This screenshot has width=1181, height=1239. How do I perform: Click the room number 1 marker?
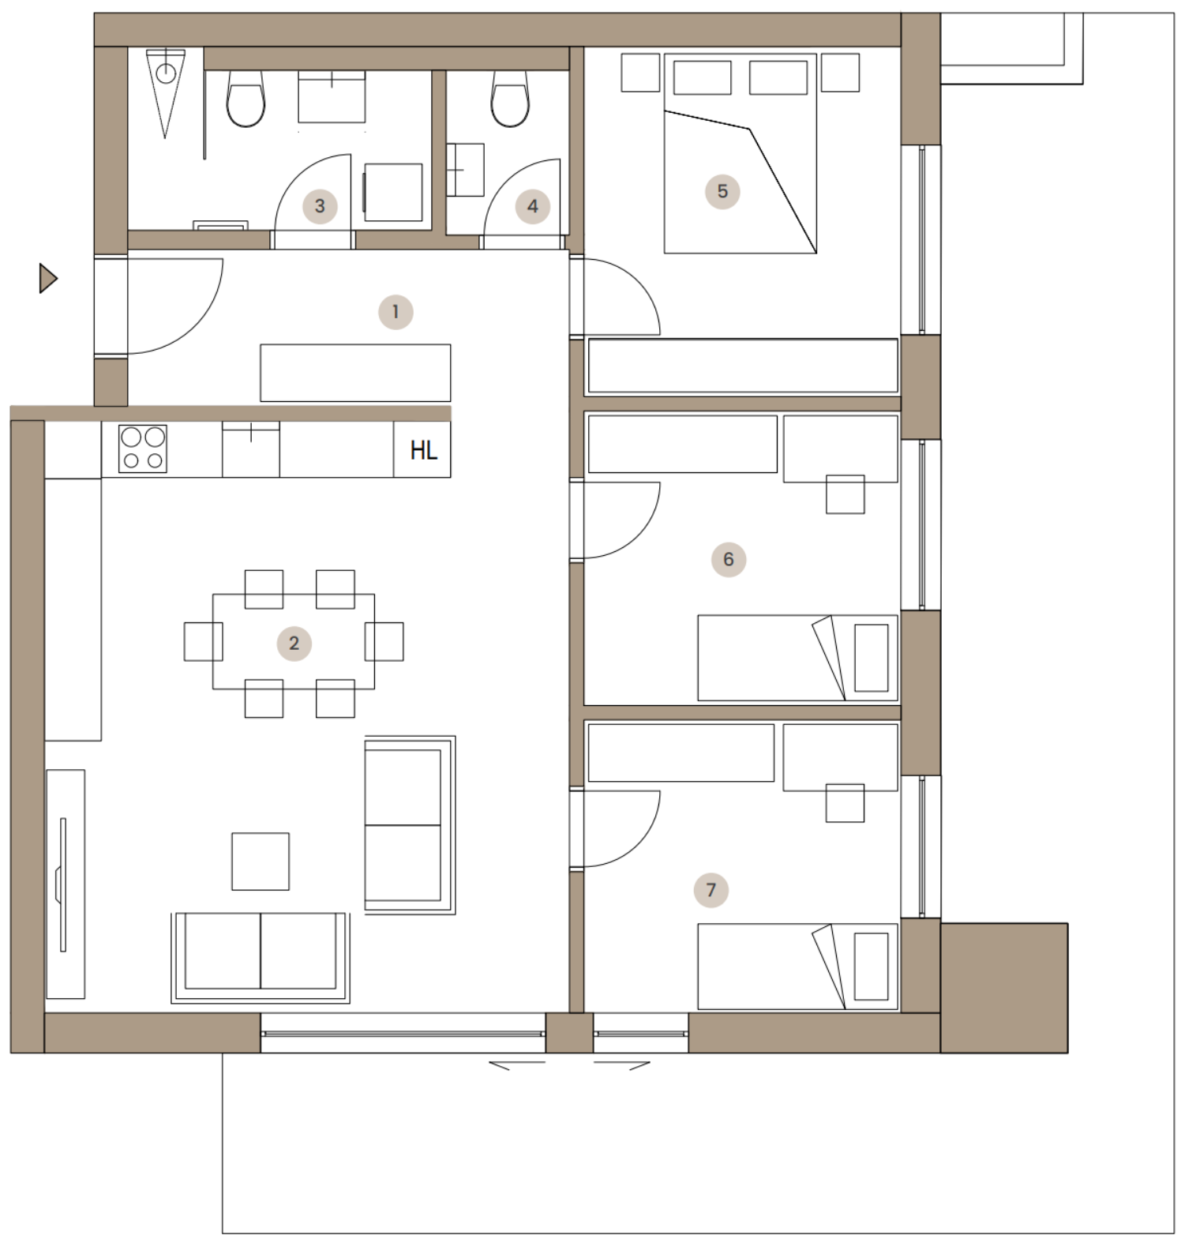click(396, 312)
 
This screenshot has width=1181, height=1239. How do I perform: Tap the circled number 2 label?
click(294, 643)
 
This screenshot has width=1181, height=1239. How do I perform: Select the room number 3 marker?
click(320, 206)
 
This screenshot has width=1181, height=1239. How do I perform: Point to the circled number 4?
click(532, 206)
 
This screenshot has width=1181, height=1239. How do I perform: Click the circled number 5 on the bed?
click(722, 191)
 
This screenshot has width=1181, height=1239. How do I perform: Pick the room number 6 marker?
click(728, 559)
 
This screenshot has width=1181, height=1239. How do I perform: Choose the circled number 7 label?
click(710, 890)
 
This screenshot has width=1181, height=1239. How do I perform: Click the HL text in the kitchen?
click(423, 450)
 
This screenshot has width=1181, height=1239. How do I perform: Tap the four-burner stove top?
click(143, 449)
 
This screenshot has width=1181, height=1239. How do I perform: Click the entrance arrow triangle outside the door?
click(47, 278)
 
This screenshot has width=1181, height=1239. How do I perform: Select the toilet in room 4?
click(510, 99)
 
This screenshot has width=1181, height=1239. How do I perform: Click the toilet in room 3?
click(246, 99)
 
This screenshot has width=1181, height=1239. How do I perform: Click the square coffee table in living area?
click(261, 862)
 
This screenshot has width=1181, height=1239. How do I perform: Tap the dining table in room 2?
click(294, 641)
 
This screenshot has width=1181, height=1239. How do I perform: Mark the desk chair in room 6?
click(845, 494)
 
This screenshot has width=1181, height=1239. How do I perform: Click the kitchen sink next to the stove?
click(251, 449)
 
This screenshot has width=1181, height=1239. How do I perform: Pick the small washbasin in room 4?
click(465, 170)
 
